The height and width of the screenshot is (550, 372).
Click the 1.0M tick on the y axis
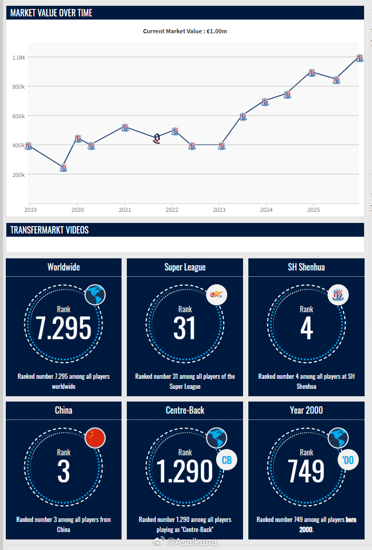click(18, 57)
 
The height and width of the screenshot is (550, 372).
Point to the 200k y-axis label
click(18, 174)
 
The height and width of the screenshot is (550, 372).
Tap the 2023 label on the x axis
click(219, 209)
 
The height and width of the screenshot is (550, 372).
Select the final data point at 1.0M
click(359, 58)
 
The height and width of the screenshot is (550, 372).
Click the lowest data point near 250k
click(63, 168)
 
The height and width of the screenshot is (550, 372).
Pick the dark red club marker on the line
click(157, 139)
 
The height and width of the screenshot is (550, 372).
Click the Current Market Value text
click(185, 31)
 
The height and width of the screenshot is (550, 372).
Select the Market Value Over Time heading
click(51, 13)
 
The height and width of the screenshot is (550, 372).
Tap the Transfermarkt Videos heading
click(49, 230)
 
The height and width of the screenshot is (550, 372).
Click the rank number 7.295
click(63, 329)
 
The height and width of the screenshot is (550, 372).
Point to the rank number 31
click(185, 329)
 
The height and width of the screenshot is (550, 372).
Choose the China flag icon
click(95, 437)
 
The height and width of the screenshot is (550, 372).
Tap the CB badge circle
click(227, 460)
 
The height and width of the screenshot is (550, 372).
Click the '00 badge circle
click(348, 460)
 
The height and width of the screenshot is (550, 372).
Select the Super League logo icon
click(217, 295)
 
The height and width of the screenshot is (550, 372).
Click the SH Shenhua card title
click(306, 267)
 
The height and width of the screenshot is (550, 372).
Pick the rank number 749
click(306, 472)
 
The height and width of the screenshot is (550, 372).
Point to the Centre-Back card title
click(185, 410)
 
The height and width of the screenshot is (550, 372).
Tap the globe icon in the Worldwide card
click(95, 295)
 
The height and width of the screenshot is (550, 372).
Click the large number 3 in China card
click(63, 472)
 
